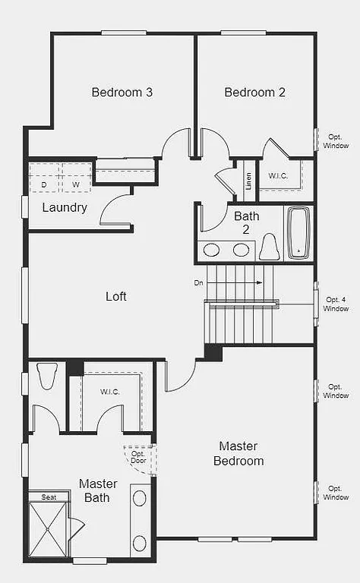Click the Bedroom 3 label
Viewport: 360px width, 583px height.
click(x=122, y=93)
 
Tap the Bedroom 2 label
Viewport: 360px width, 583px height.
click(x=254, y=93)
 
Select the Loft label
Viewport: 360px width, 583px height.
click(x=116, y=296)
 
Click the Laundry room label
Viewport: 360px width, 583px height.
click(x=65, y=207)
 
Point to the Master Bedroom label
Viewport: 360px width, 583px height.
click(x=238, y=453)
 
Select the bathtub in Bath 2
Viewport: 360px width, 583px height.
click(x=298, y=233)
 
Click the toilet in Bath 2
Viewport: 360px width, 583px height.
click(x=269, y=247)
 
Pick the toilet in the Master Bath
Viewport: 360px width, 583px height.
click(x=47, y=376)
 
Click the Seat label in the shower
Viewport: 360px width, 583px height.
click(x=49, y=497)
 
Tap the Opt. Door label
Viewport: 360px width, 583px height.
click(x=137, y=458)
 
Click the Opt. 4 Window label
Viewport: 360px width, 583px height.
click(x=336, y=304)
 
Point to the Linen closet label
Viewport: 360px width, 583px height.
click(x=248, y=182)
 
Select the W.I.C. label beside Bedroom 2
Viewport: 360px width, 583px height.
click(x=278, y=175)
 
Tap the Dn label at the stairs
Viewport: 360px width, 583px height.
click(x=199, y=282)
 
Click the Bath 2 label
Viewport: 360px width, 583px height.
click(x=246, y=222)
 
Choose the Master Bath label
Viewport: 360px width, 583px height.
click(x=98, y=490)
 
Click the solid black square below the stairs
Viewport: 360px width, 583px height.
click(x=213, y=352)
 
